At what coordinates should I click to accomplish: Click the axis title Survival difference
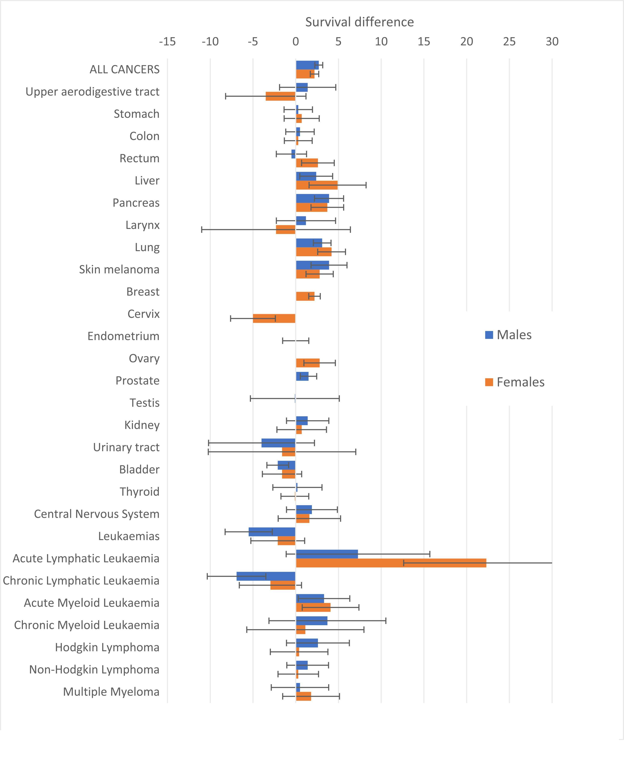click(x=360, y=22)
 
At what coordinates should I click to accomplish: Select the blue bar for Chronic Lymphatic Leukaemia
click(x=266, y=576)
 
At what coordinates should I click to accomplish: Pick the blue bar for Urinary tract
click(x=279, y=443)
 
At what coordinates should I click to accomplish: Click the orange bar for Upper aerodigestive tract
click(x=281, y=96)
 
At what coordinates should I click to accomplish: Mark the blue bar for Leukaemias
click(x=272, y=532)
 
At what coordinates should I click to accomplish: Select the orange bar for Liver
click(x=317, y=185)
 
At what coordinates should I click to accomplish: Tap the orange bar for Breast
click(x=305, y=296)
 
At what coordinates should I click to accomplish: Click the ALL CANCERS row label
click(x=125, y=69)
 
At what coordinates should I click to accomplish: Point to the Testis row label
click(x=144, y=403)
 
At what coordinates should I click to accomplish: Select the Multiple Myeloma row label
click(x=111, y=692)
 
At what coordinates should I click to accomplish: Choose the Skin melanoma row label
click(x=119, y=270)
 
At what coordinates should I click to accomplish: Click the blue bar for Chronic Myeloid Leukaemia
click(x=312, y=621)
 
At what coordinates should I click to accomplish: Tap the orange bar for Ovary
click(x=308, y=363)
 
